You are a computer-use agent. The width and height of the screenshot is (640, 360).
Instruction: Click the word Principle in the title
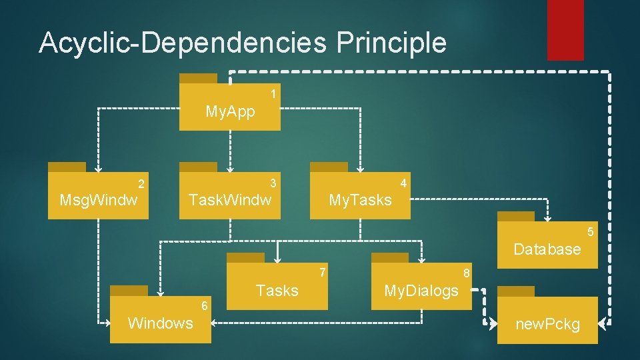coord(391,43)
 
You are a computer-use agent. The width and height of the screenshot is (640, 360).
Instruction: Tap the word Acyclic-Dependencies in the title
coord(183,43)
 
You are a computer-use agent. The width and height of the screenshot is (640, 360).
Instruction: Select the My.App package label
coord(230,111)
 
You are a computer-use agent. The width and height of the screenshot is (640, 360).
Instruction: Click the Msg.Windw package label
coord(99,200)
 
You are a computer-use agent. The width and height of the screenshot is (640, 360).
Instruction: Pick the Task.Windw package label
coord(231,199)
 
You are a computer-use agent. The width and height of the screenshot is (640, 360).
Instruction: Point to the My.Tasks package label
coord(360,200)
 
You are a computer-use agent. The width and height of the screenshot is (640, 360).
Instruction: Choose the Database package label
coord(547,249)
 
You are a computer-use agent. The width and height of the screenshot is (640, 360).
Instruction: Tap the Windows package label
coord(161,323)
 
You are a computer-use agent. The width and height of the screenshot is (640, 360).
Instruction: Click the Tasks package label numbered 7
coord(277,291)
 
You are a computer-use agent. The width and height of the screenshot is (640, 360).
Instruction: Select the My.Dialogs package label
coord(421,291)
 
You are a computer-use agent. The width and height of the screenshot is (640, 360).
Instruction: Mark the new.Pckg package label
coord(547,325)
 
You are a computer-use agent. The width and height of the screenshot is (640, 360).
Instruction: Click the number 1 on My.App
coord(273,94)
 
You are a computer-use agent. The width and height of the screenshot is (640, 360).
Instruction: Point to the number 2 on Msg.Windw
coord(141,183)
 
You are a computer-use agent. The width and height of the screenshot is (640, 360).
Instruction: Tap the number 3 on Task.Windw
coord(273,183)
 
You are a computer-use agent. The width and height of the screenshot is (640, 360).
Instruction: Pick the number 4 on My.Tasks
coord(403,183)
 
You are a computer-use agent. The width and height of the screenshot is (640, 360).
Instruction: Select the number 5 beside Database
coord(589,232)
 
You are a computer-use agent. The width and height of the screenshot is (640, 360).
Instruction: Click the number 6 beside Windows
coord(205,306)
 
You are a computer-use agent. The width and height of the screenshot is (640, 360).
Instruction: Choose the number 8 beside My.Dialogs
coord(467,273)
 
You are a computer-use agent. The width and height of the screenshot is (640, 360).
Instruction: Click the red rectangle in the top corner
coord(565,30)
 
